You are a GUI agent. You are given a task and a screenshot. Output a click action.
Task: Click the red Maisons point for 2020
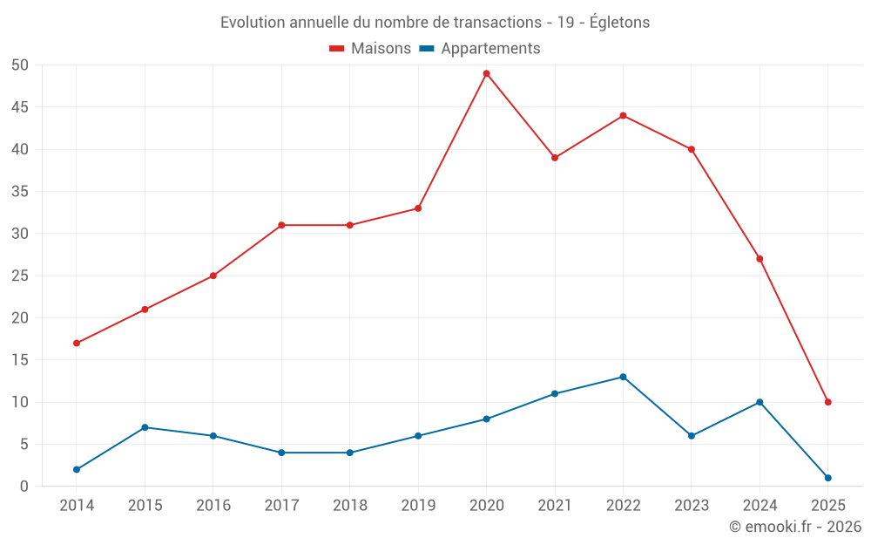pos(486,73)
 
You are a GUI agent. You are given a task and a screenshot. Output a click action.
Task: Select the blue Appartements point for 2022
pos(623,377)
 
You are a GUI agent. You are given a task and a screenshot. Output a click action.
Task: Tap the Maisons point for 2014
pos(77,343)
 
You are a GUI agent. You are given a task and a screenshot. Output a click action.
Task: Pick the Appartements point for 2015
pos(145,427)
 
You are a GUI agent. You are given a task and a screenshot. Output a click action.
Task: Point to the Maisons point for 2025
pos(827,402)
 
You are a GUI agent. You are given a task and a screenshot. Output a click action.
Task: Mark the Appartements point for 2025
pos(827,478)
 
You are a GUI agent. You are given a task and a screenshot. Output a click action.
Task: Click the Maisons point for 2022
pos(623,115)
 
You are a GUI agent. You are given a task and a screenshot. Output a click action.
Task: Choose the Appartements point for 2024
pos(760,402)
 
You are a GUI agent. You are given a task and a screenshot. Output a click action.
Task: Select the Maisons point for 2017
pos(281,225)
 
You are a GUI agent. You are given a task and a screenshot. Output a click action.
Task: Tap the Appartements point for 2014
pos(77,469)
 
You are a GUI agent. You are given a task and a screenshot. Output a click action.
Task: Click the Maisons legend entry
pos(370,49)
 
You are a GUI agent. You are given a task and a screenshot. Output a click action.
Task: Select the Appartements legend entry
pos(480,49)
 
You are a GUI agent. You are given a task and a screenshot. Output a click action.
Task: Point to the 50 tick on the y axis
pos(20,65)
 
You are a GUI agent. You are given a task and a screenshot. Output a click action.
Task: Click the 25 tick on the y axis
pos(20,276)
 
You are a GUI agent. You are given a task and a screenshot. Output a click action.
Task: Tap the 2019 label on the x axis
pos(418,505)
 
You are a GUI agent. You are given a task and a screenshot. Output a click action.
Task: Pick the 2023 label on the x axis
pos(692,505)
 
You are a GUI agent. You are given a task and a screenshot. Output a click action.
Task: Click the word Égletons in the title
pos(619,22)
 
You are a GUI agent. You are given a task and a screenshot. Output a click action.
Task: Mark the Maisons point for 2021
pos(555,158)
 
